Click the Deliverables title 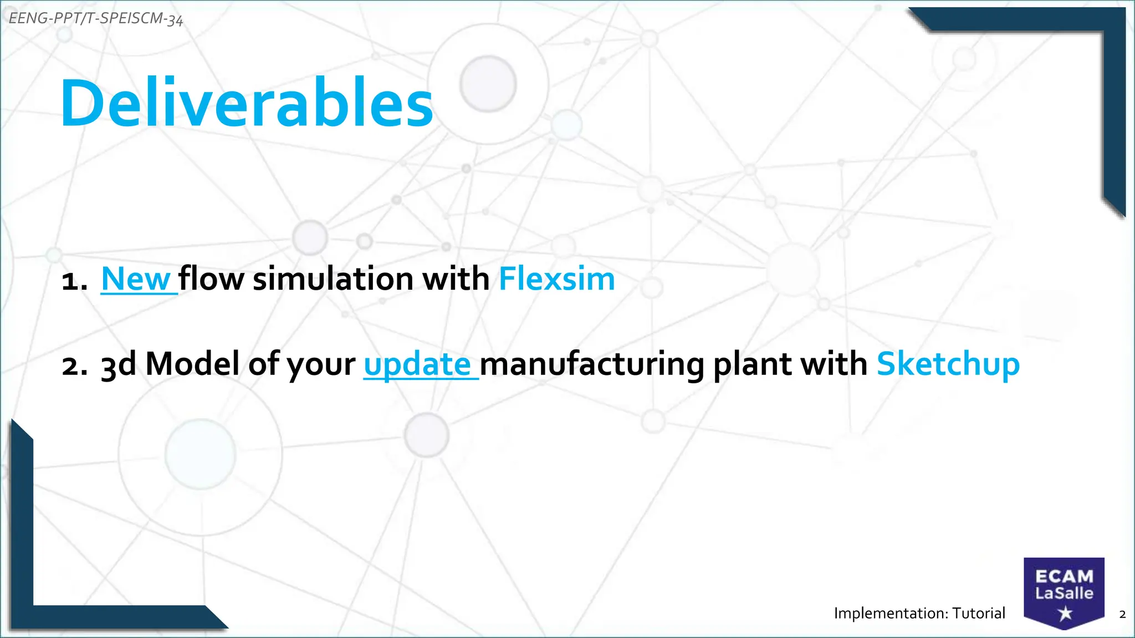pyautogui.click(x=247, y=104)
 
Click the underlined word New pyautogui.click(x=136, y=279)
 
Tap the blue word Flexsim pyautogui.click(x=556, y=279)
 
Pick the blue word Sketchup pyautogui.click(x=948, y=364)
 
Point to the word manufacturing pyautogui.click(x=591, y=365)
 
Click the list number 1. pyautogui.click(x=73, y=281)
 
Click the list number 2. pyautogui.click(x=74, y=366)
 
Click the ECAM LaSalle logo pyautogui.click(x=1064, y=593)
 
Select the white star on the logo pyautogui.click(x=1065, y=614)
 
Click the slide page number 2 pyautogui.click(x=1122, y=614)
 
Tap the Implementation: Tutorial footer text pyautogui.click(x=919, y=613)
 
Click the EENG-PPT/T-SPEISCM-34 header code pyautogui.click(x=96, y=19)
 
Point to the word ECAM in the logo pyautogui.click(x=1064, y=577)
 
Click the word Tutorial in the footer pyautogui.click(x=979, y=613)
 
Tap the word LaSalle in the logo pyautogui.click(x=1064, y=594)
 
